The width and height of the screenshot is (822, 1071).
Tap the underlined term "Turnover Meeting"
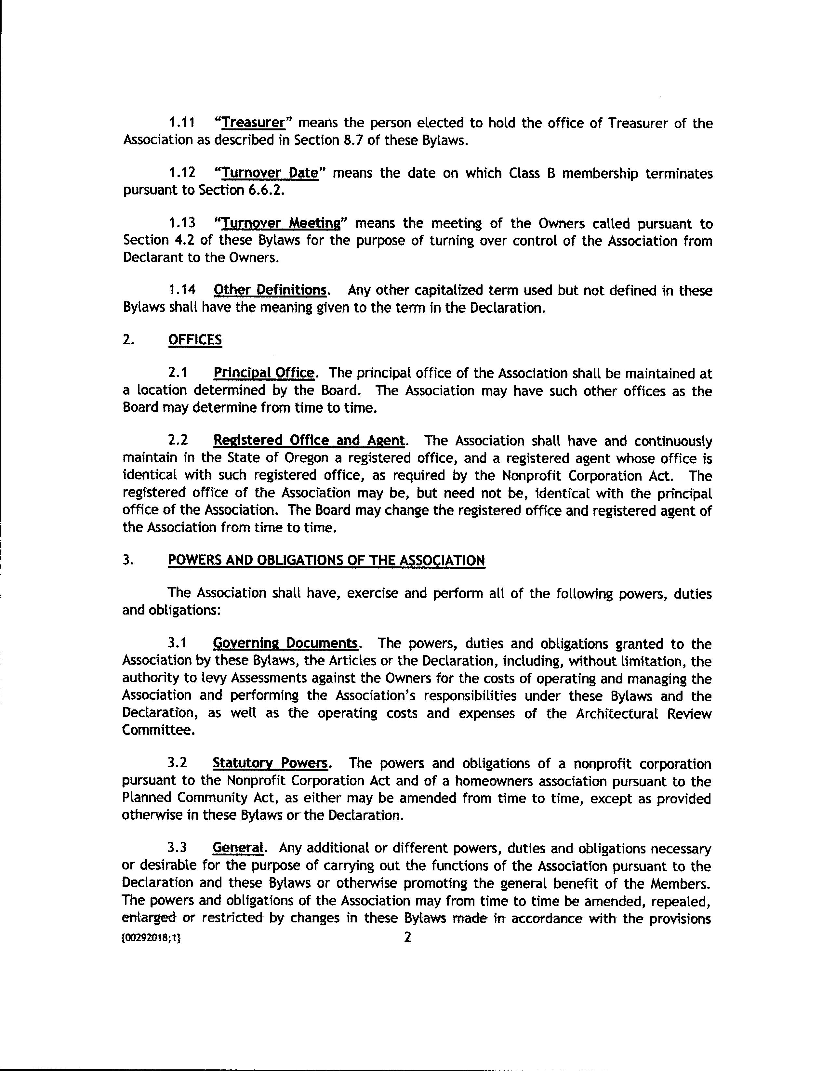click(281, 224)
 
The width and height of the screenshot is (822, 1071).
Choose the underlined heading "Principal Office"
click(263, 373)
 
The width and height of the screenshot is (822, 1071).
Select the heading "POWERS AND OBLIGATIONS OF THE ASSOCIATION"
click(326, 560)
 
